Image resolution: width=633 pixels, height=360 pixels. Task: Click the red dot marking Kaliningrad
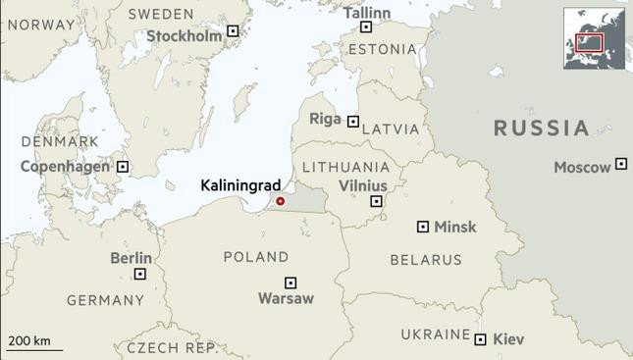(x=280, y=201)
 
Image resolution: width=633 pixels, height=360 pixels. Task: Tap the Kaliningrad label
(x=240, y=184)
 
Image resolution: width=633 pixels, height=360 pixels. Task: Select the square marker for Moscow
(x=621, y=164)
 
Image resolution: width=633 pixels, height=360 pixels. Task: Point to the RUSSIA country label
(x=541, y=128)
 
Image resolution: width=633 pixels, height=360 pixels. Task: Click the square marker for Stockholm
(x=233, y=31)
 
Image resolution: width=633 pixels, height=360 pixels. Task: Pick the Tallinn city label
(x=367, y=13)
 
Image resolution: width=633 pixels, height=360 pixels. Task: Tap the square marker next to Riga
(x=353, y=121)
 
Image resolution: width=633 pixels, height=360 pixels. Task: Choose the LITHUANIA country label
(x=345, y=167)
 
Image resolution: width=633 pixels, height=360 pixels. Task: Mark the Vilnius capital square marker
(x=376, y=201)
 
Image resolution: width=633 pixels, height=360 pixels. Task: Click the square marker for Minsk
(x=423, y=227)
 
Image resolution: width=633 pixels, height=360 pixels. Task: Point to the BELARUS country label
(x=425, y=260)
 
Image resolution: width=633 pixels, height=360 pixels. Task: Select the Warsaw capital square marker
(x=290, y=283)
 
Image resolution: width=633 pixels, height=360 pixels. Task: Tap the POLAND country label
(x=256, y=257)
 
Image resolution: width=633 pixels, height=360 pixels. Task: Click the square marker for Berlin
(x=140, y=274)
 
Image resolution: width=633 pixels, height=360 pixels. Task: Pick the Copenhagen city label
(x=65, y=167)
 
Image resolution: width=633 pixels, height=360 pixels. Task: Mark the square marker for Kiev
(x=480, y=339)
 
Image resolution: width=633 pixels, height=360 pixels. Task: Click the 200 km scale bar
(x=34, y=348)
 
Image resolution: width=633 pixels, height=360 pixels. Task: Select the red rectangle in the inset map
(x=588, y=42)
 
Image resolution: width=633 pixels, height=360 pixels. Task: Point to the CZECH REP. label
(x=172, y=348)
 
